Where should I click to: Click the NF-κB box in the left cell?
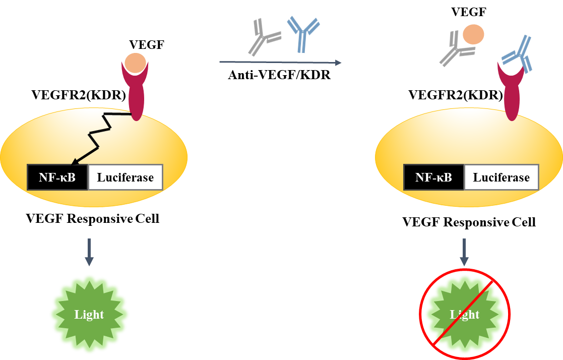pyautogui.click(x=57, y=177)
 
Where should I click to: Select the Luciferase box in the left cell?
pyautogui.click(x=125, y=177)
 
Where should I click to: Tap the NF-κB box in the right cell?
pyautogui.click(x=433, y=177)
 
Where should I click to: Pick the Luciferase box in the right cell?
pyautogui.click(x=501, y=177)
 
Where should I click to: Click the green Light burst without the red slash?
pyautogui.click(x=90, y=314)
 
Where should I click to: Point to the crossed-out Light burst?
pyautogui.click(x=465, y=314)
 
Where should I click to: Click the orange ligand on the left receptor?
pyautogui.click(x=135, y=62)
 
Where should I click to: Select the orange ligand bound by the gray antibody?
pyautogui.click(x=473, y=35)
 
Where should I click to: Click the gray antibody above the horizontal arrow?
pyautogui.click(x=264, y=37)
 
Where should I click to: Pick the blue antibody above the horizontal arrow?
pyautogui.click(x=302, y=33)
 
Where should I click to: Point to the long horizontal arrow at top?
pyautogui.click(x=280, y=62)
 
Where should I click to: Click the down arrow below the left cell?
pyautogui.click(x=89, y=252)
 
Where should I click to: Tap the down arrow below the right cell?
pyautogui.click(x=464, y=252)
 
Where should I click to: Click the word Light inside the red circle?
pyautogui.click(x=465, y=315)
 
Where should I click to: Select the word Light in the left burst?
pyautogui.click(x=89, y=315)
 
